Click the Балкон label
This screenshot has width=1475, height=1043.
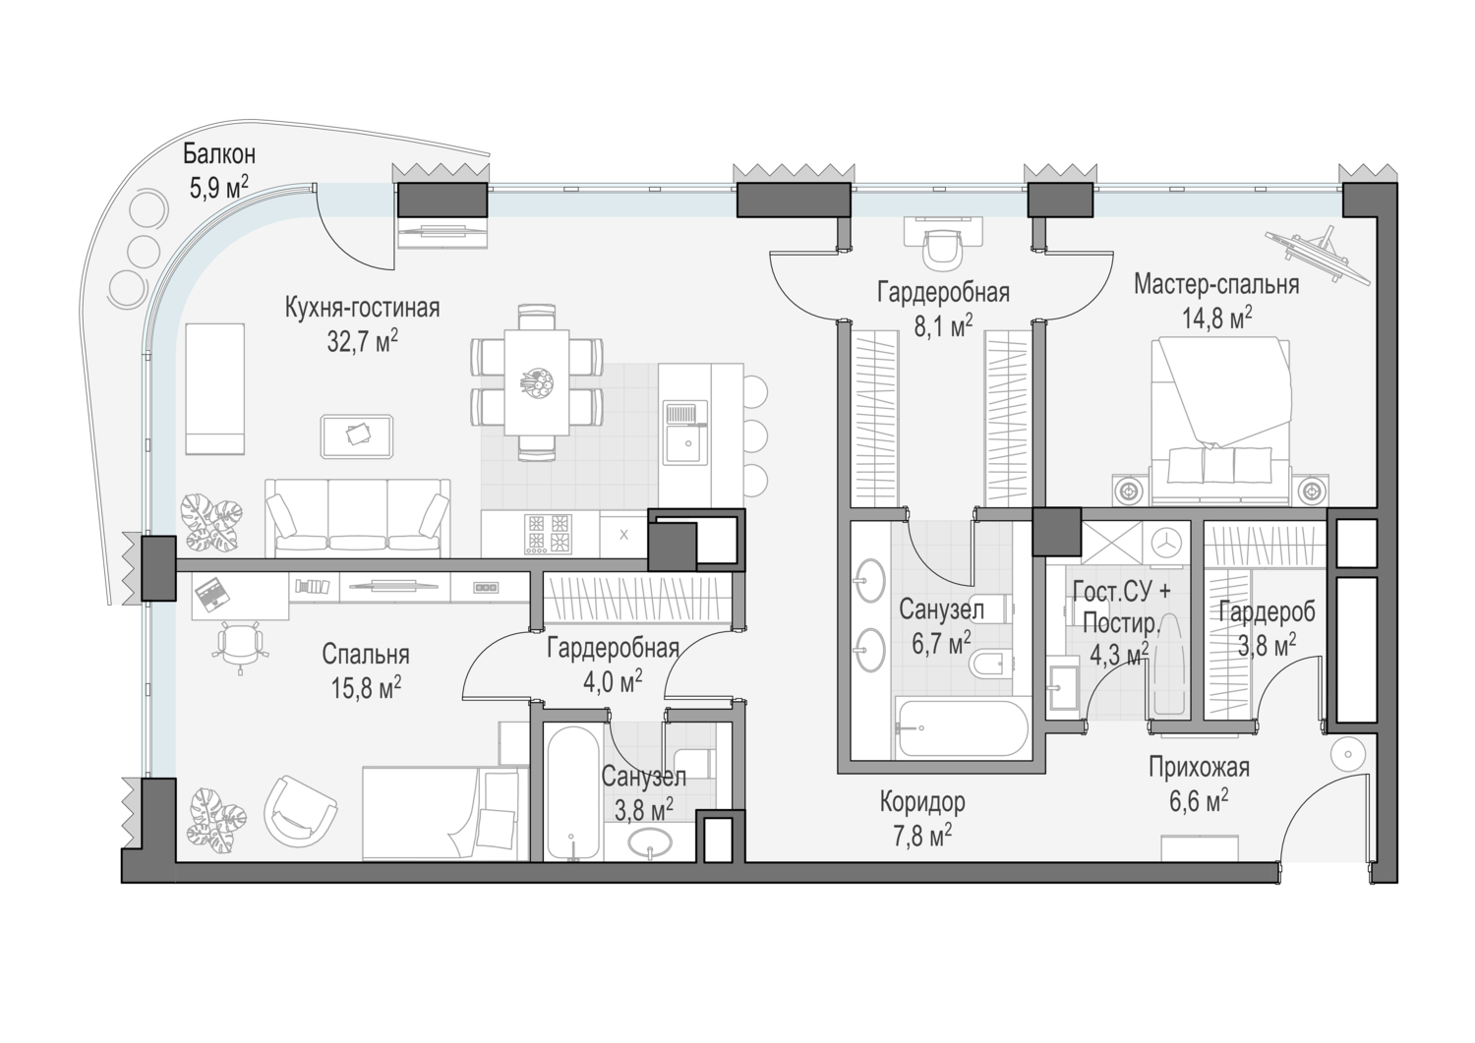[219, 154]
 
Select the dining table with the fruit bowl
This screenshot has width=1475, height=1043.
[537, 381]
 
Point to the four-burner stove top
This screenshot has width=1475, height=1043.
[548, 534]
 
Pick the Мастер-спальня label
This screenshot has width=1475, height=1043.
[1216, 285]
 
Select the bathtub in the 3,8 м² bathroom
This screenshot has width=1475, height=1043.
[572, 793]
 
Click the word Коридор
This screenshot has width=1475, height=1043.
[922, 802]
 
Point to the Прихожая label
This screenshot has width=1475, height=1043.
[1199, 768]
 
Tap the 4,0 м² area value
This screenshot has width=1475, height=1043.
[613, 681]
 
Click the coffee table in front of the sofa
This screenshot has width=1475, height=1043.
[358, 435]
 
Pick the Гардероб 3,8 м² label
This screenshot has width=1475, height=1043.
[1267, 628]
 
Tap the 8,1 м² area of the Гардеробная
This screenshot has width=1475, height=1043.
[943, 326]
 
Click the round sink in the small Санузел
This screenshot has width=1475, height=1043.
[650, 842]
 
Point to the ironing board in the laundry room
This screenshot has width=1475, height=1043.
[1167, 666]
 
